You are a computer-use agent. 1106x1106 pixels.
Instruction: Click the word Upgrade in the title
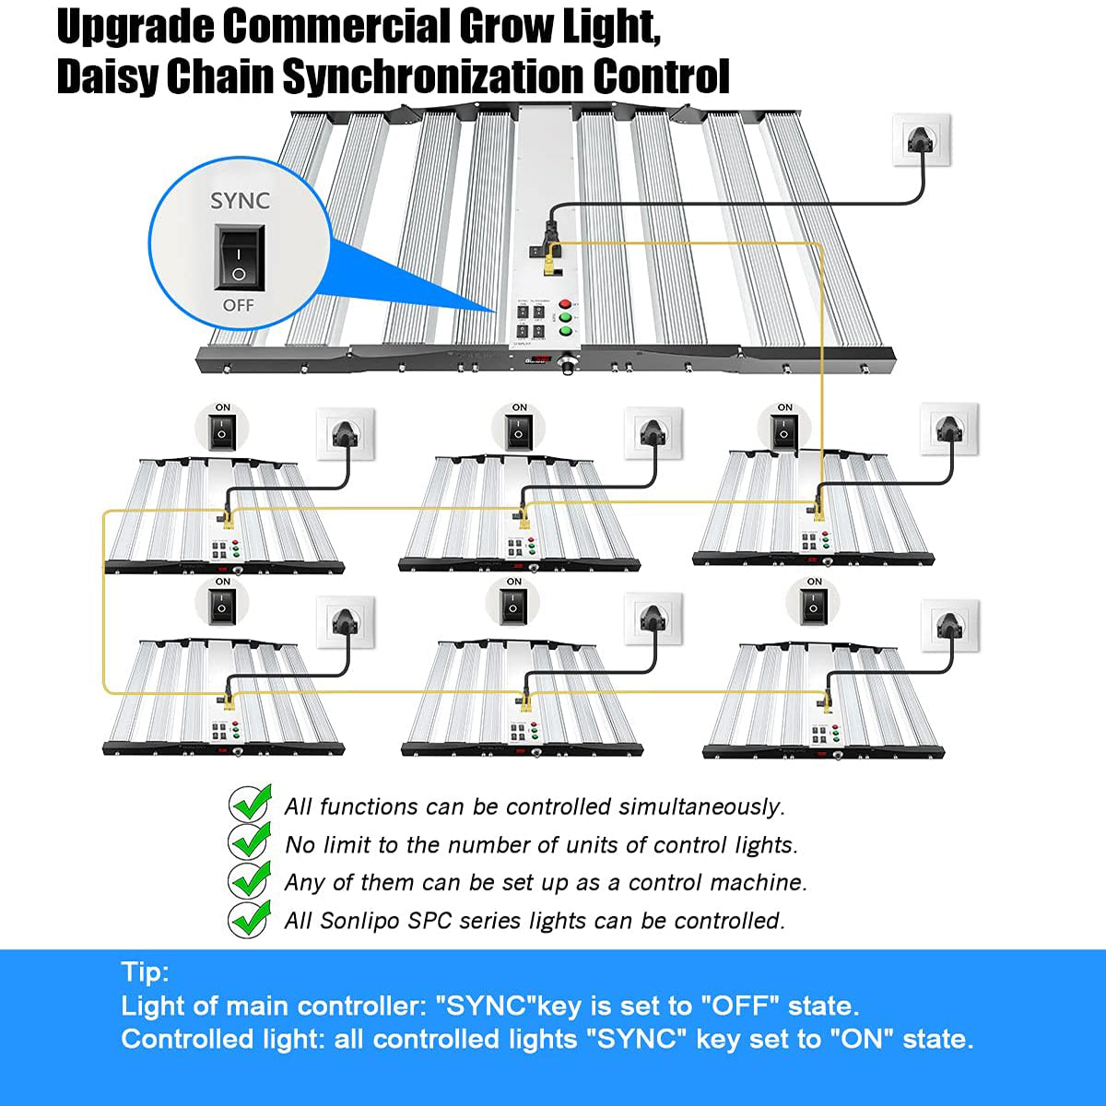click(135, 28)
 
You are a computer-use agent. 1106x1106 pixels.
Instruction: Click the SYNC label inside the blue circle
click(240, 201)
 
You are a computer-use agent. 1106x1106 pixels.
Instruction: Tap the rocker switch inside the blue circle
click(239, 259)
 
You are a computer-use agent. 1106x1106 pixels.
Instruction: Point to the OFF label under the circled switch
click(239, 305)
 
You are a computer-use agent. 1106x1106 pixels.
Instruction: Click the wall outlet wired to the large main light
click(922, 140)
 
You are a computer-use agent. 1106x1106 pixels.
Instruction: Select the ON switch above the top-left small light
click(223, 430)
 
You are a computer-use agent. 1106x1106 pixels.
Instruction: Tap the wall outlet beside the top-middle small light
click(653, 432)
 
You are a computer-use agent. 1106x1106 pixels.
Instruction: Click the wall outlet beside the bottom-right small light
click(950, 623)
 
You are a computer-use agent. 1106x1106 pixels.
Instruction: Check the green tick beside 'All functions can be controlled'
click(250, 805)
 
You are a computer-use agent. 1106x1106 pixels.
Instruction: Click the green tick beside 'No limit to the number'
click(250, 842)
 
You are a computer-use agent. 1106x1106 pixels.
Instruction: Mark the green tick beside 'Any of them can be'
click(250, 881)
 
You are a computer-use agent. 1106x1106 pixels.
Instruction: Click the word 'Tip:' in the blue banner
click(145, 971)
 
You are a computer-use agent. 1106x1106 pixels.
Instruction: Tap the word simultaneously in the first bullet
click(701, 807)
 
